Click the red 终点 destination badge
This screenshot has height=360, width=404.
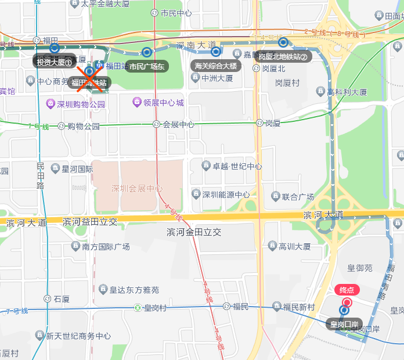coord(347,290)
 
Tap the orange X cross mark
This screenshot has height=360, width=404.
coord(90,78)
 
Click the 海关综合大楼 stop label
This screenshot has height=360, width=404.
coord(216,66)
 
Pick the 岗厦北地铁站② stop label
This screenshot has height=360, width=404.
coord(282,56)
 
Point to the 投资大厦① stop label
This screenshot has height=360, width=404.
coord(54,62)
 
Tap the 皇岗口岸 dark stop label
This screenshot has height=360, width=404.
coord(344,323)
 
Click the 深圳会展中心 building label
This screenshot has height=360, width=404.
coord(137,189)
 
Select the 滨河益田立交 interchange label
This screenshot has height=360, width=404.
coord(89,222)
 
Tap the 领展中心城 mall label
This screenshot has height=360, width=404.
coord(164,103)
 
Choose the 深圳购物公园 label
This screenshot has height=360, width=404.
coord(81,105)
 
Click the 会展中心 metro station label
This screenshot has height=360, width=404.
coord(178,124)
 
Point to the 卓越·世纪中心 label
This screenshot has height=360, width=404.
coord(237,166)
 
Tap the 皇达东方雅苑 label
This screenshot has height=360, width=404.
coord(135,289)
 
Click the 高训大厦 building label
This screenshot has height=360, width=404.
coord(295,247)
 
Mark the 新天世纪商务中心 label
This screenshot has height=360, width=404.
coord(78,336)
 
